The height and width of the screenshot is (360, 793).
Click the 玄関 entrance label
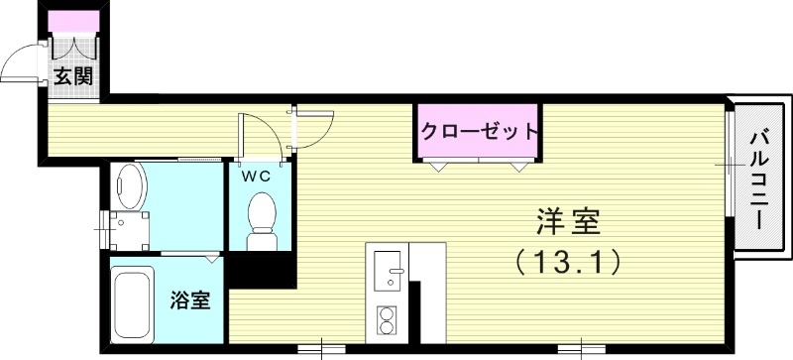click(73, 76)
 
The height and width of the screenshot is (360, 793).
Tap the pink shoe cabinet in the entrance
click(73, 22)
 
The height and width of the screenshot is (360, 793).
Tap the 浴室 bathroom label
click(190, 300)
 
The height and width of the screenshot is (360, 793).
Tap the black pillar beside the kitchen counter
click(416, 311)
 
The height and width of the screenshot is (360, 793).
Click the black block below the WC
click(261, 270)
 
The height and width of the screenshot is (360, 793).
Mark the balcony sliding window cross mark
click(729, 160)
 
